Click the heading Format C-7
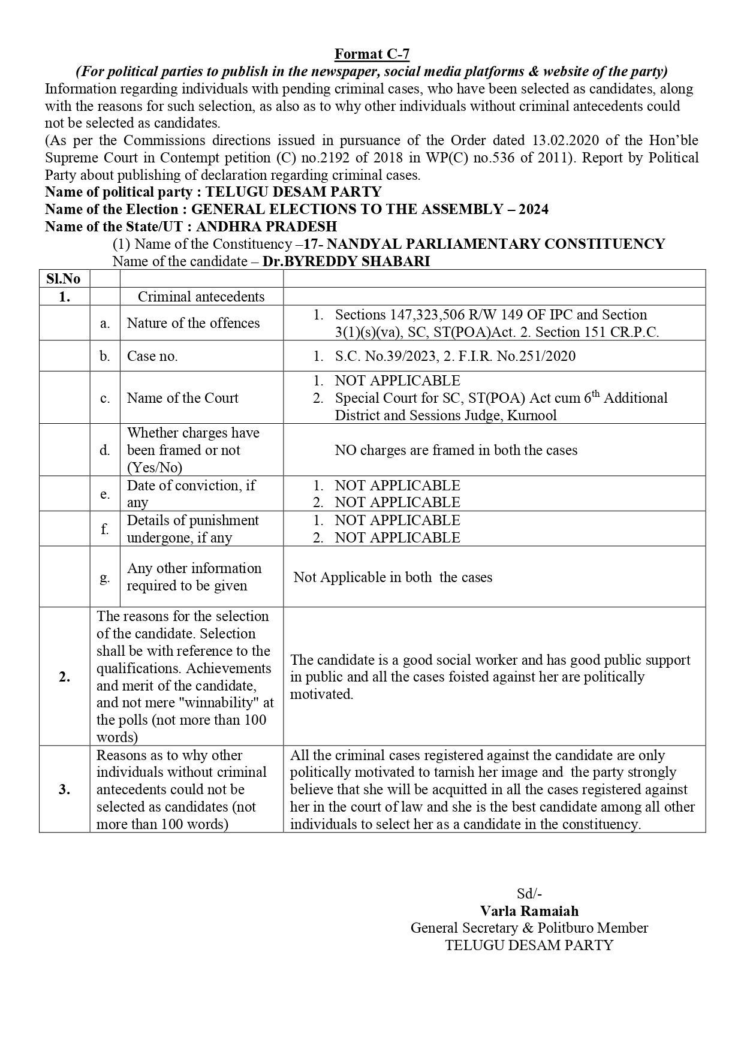point(372,55)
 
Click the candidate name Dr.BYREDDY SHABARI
point(347,261)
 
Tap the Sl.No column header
point(64,279)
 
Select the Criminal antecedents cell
point(201,297)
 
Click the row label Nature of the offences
point(193,323)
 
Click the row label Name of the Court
point(182,398)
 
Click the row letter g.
point(105,577)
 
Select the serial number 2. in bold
point(64,677)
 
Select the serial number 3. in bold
point(64,789)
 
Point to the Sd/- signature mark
point(529,893)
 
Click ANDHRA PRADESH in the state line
point(266,227)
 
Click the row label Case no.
point(152,356)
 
